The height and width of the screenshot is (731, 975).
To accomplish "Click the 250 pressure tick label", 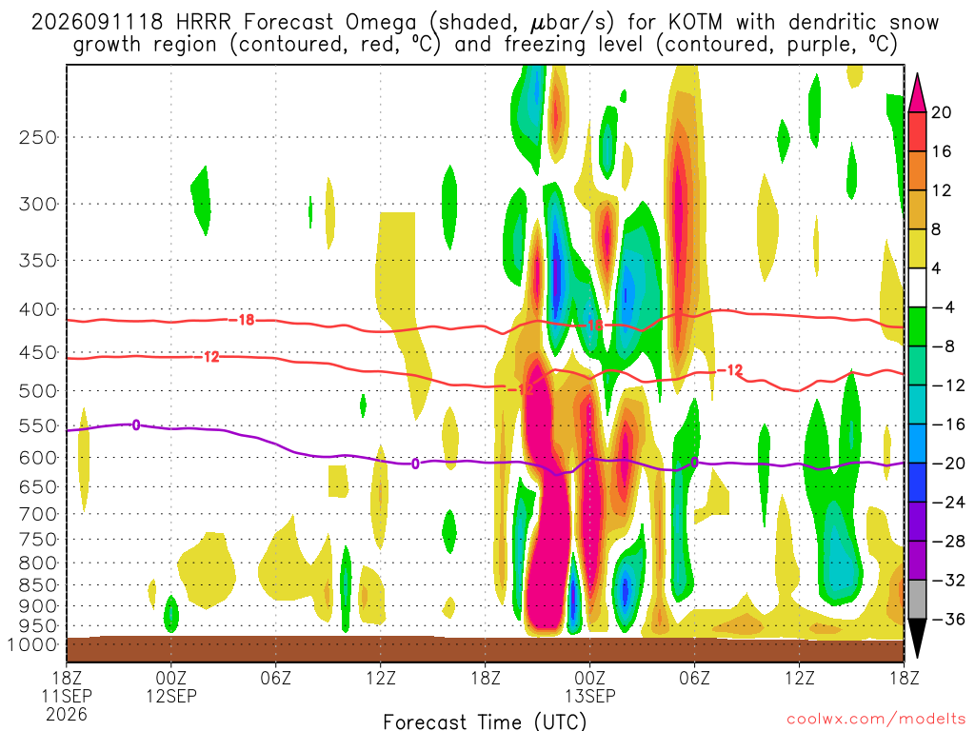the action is (37, 137).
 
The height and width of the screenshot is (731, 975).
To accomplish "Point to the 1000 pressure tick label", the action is (31, 645).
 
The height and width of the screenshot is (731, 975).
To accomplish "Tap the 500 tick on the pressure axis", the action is (37, 391).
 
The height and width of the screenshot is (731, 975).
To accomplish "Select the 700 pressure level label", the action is (37, 514).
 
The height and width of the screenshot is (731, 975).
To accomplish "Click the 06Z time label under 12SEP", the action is (275, 678).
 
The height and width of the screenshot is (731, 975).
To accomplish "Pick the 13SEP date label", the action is (589, 696).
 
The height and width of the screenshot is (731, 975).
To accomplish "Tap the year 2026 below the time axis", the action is (67, 714).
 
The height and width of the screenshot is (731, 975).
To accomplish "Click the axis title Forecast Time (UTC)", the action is (485, 721).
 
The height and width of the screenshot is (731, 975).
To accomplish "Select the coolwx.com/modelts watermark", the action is (875, 719).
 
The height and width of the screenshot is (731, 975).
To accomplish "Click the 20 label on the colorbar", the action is (942, 112).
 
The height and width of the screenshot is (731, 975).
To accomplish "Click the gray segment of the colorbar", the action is (917, 600).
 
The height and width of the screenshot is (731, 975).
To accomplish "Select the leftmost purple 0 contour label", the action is (135, 425).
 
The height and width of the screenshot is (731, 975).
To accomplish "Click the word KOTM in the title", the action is (695, 23).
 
